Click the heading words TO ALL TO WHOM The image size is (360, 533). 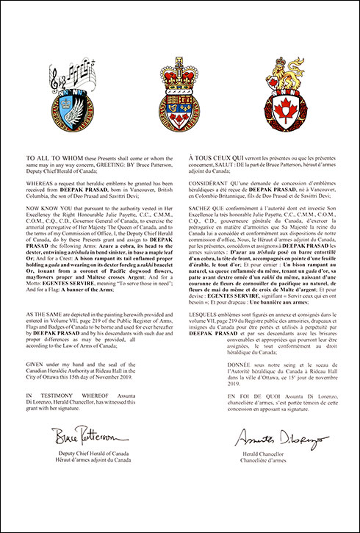click(50, 158)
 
